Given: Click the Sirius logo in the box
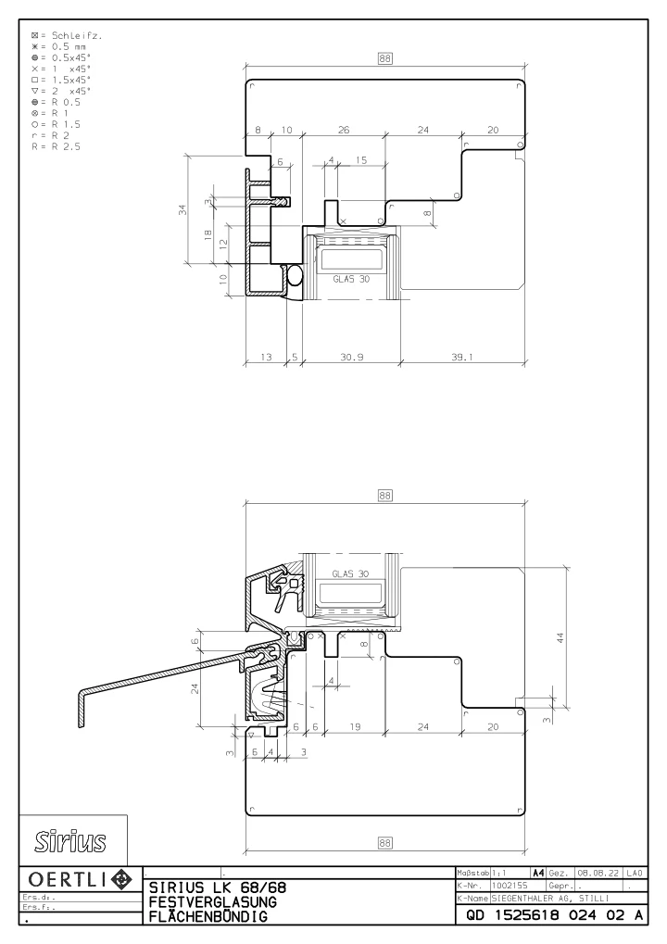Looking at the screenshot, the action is pos(70,841).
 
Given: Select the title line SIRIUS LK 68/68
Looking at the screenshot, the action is pos(218,887).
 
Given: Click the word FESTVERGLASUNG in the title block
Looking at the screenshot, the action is pos(212,902).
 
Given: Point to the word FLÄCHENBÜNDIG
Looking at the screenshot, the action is pos(208,916).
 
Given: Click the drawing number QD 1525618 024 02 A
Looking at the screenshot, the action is pos(554,915).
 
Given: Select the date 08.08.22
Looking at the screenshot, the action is pos(598,873).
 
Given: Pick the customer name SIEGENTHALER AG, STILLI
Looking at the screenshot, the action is pos(550,899).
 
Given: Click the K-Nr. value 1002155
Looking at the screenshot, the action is pos(510,886).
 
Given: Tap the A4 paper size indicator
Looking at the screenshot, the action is pos(538,873).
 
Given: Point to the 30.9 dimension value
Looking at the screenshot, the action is pos(351,357).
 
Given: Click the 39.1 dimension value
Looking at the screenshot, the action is pos(462,357).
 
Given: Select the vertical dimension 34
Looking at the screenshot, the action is pos(182,209).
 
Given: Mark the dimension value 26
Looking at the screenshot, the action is pos(344,130).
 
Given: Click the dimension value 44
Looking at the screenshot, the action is pos(560,637).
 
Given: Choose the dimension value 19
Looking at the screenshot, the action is pos(355,726).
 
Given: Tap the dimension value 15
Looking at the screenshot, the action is pos(361,159).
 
